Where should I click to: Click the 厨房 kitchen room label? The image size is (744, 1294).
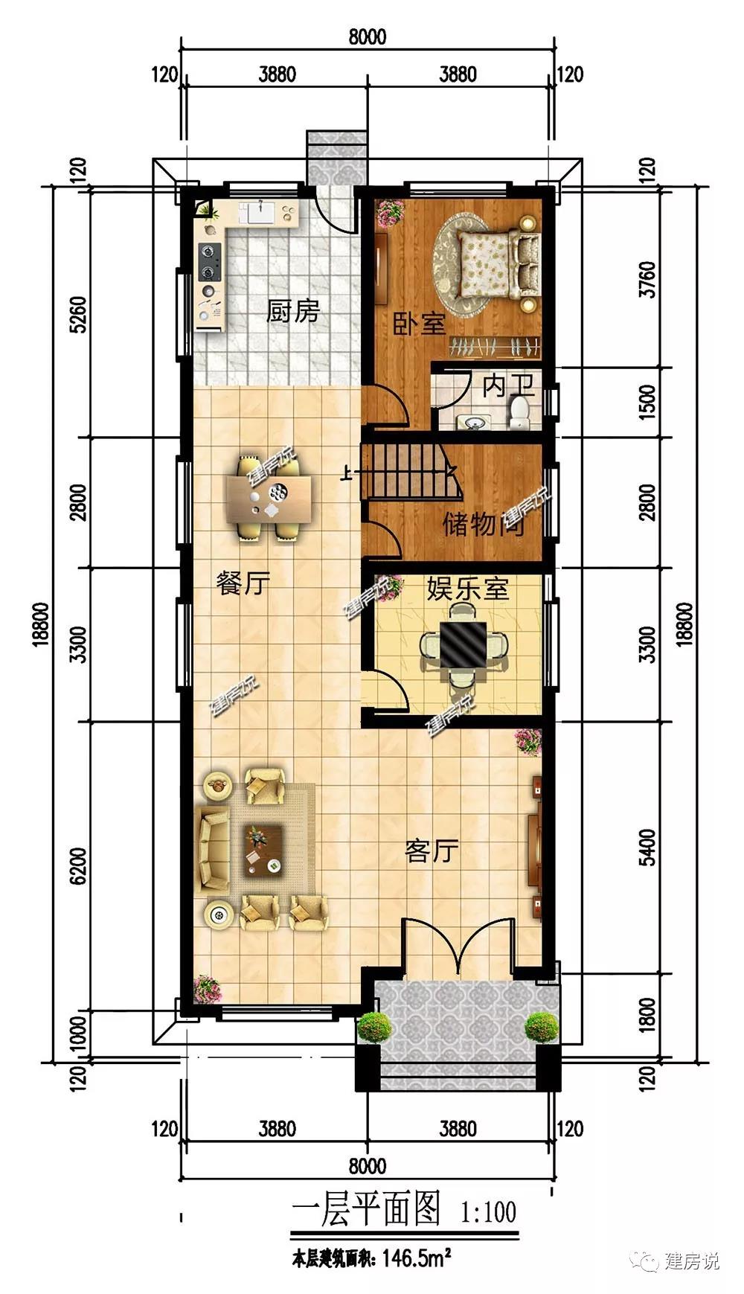click(x=293, y=310)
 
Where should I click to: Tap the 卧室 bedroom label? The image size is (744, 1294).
click(x=419, y=323)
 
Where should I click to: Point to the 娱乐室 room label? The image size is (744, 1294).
click(x=468, y=589)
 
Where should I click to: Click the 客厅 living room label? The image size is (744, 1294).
click(x=432, y=850)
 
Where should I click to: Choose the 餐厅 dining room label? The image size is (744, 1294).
click(x=243, y=583)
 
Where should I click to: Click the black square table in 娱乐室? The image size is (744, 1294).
click(x=463, y=644)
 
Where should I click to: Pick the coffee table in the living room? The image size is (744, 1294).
click(x=263, y=850)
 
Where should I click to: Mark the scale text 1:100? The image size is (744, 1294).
click(x=489, y=1212)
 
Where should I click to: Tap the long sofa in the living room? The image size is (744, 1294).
click(x=212, y=850)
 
